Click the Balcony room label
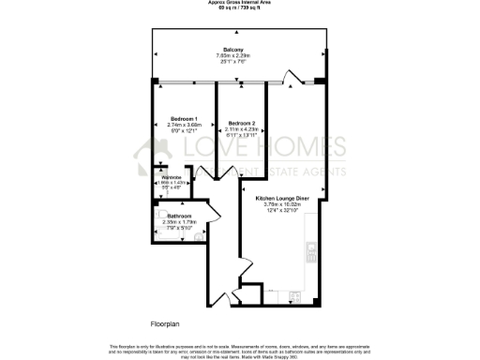(x=234, y=49)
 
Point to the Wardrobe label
(x=171, y=177)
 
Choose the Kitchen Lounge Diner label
(x=289, y=199)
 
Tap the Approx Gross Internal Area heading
(x=240, y=3)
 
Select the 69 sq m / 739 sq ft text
(x=240, y=8)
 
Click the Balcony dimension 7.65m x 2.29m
(x=234, y=55)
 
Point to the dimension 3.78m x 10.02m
(x=289, y=204)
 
